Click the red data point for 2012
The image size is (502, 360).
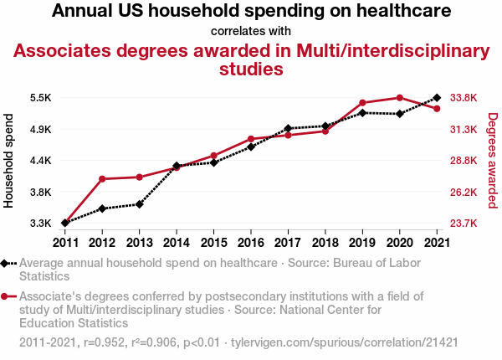(x=102, y=179)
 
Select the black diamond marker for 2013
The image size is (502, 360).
(x=139, y=204)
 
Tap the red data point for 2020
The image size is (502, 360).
(x=399, y=98)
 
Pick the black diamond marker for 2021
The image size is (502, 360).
(x=436, y=98)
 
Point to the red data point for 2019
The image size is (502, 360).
(x=362, y=103)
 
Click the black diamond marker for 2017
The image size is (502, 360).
(x=288, y=128)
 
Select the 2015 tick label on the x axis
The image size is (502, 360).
(x=213, y=243)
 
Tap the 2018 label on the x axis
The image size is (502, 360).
(x=325, y=243)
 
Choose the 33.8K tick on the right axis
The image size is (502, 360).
(x=464, y=98)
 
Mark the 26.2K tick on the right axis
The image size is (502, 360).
(x=464, y=192)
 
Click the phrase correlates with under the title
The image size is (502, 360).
(x=251, y=31)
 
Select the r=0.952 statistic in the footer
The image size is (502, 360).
(x=103, y=343)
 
